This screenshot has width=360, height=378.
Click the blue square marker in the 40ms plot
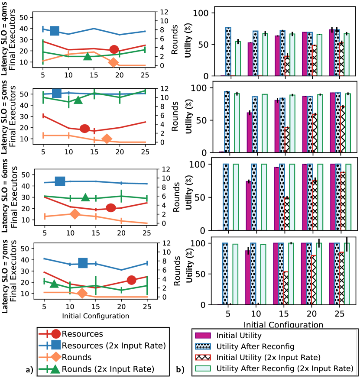(x=55, y=30)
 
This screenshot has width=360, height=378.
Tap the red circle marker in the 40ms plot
(x=114, y=50)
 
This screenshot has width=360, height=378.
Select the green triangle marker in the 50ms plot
(x=78, y=100)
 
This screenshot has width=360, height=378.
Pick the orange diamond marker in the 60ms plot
(x=75, y=213)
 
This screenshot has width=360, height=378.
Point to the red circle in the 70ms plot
(x=132, y=280)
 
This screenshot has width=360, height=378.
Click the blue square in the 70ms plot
(x=83, y=263)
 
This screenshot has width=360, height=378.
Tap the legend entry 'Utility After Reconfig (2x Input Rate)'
(x=285, y=368)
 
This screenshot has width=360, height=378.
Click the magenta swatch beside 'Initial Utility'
(x=203, y=335)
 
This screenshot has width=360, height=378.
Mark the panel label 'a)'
(x=29, y=370)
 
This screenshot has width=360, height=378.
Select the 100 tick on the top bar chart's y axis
(x=202, y=13)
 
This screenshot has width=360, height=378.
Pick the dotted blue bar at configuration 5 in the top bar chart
(x=228, y=51)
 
